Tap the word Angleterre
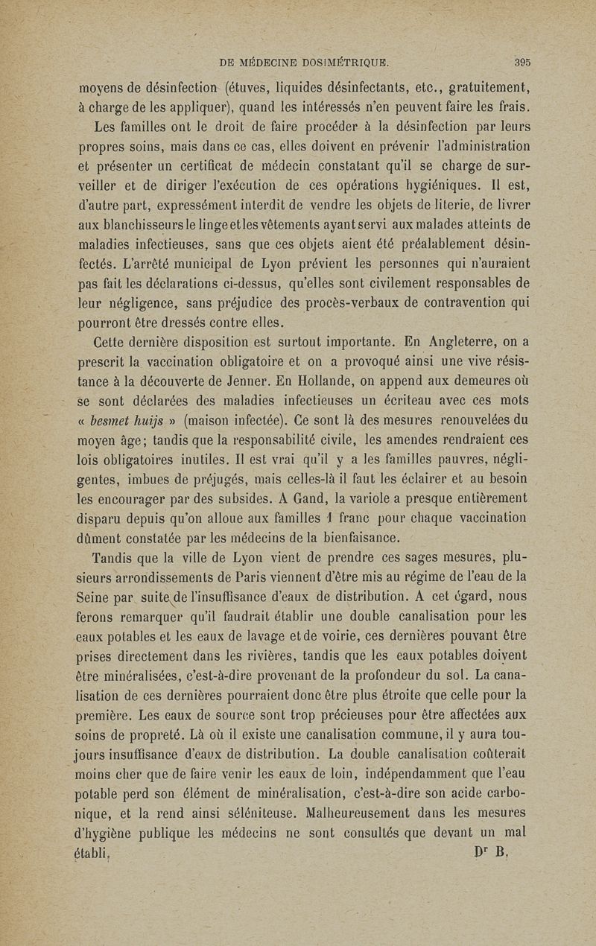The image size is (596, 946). point(466,344)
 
